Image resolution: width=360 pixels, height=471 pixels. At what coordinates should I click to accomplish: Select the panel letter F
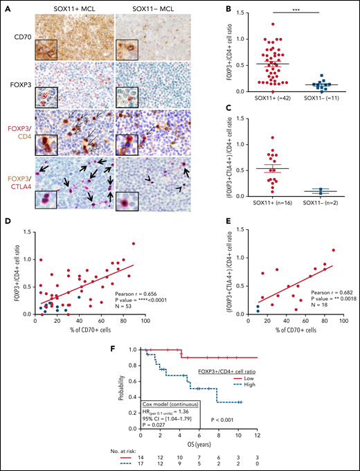(75, 342)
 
